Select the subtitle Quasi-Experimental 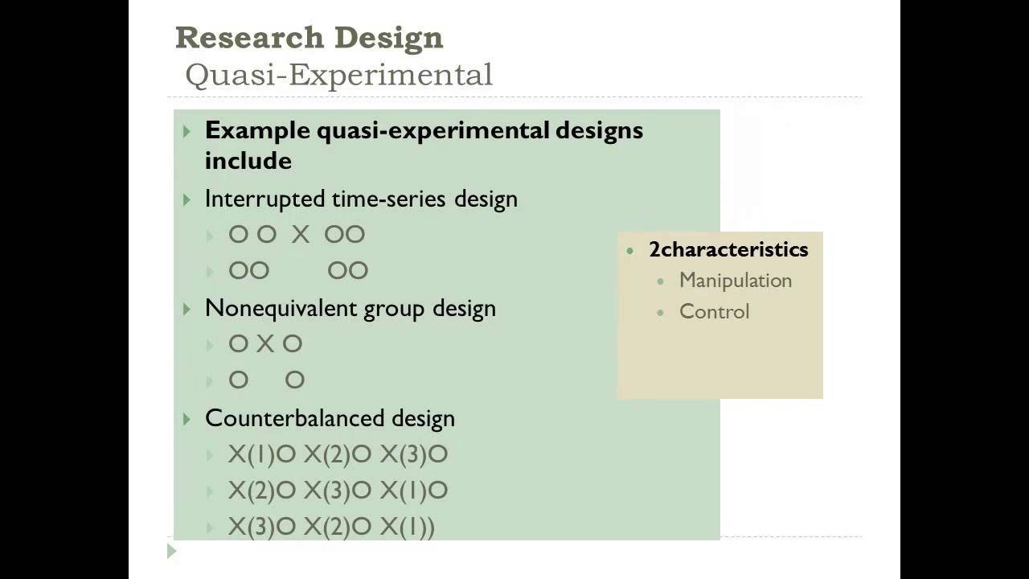pyautogui.click(x=338, y=75)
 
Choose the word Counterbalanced pyautogui.click(x=295, y=418)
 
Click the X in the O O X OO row pyautogui.click(x=301, y=235)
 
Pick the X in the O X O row pyautogui.click(x=265, y=344)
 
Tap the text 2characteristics pyautogui.click(x=728, y=249)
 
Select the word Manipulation pyautogui.click(x=736, y=281)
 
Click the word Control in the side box pyautogui.click(x=714, y=312)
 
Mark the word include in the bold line pyautogui.click(x=248, y=160)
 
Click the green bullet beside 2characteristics pyautogui.click(x=630, y=250)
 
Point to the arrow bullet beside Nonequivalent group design pyautogui.click(x=187, y=309)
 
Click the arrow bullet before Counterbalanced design pyautogui.click(x=187, y=419)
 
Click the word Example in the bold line pyautogui.click(x=257, y=130)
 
